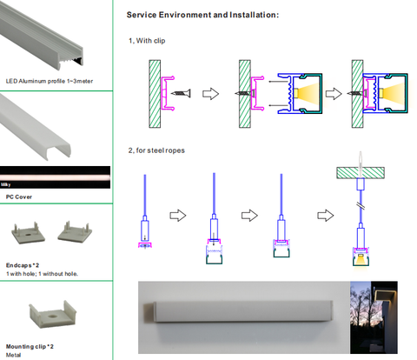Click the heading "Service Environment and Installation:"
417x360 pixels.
pyautogui.click(x=202, y=15)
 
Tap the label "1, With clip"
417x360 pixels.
pyautogui.click(x=147, y=41)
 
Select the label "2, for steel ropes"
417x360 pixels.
pyautogui.click(x=156, y=150)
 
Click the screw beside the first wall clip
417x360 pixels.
pyautogui.click(x=181, y=93)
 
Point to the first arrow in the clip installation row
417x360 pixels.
pyautogui.click(x=210, y=94)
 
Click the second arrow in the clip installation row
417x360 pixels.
pyautogui.click(x=334, y=94)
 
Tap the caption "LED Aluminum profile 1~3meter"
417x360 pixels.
pyautogui.click(x=50, y=81)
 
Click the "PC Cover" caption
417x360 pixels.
pyautogui.click(x=19, y=197)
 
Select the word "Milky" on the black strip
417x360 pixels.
pyautogui.click(x=6, y=184)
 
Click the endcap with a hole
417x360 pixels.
pyautogui.click(x=28, y=232)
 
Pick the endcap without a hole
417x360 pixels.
pyautogui.click(x=75, y=232)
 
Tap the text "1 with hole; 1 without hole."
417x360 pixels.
pyautogui.click(x=42, y=274)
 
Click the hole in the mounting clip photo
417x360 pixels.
pyautogui.click(x=53, y=315)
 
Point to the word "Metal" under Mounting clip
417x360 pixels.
pyautogui.click(x=13, y=355)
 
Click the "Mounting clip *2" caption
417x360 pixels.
pyautogui.click(x=30, y=346)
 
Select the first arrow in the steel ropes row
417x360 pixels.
pyautogui.click(x=178, y=216)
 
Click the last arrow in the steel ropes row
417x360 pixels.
pyautogui.click(x=326, y=216)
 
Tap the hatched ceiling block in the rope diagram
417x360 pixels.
pyautogui.click(x=361, y=173)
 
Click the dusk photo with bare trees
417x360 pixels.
pyautogui.click(x=374, y=317)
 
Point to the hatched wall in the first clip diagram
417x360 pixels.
pyautogui.click(x=155, y=94)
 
